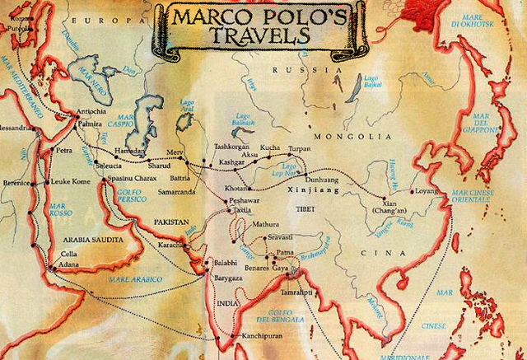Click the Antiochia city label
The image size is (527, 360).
(91, 112)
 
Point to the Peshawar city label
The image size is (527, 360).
(250, 200)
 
